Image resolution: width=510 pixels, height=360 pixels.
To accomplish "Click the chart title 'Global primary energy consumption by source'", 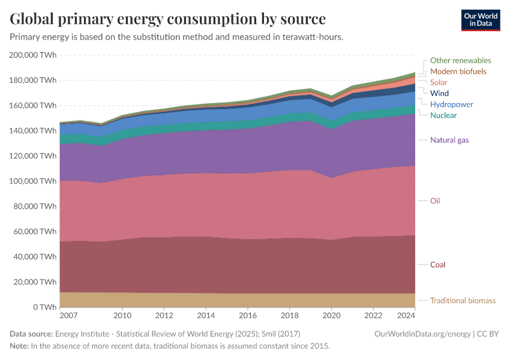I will [x=168, y=19].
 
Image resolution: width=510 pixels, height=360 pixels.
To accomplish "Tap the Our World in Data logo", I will [x=480, y=20].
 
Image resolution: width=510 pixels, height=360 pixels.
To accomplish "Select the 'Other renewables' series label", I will [x=460, y=61].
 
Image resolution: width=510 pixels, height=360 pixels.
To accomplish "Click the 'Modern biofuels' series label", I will [x=458, y=71].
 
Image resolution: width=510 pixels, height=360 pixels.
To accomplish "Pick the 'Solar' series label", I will [x=439, y=82].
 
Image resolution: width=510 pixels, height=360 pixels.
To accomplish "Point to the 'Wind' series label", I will [x=439, y=93].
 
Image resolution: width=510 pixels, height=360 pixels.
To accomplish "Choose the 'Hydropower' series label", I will [x=451, y=104].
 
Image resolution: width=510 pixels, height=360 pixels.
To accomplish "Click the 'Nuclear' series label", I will [x=443, y=115].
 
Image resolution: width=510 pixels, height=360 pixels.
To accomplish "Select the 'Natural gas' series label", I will [x=449, y=140].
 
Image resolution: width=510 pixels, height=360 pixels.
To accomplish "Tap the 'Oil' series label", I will [x=435, y=201].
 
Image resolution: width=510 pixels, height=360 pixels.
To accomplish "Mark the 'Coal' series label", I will [x=437, y=265].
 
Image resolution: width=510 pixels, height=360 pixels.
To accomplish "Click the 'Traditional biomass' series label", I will [x=463, y=301].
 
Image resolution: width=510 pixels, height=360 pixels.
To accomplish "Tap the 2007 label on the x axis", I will [x=68, y=316].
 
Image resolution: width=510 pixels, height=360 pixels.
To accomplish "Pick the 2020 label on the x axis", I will [x=331, y=316].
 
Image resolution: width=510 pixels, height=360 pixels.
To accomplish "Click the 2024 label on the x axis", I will [x=406, y=316].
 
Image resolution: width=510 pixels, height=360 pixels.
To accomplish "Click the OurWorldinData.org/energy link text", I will [x=422, y=334].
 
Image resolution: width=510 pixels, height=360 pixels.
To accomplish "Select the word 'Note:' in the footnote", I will [x=19, y=346].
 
